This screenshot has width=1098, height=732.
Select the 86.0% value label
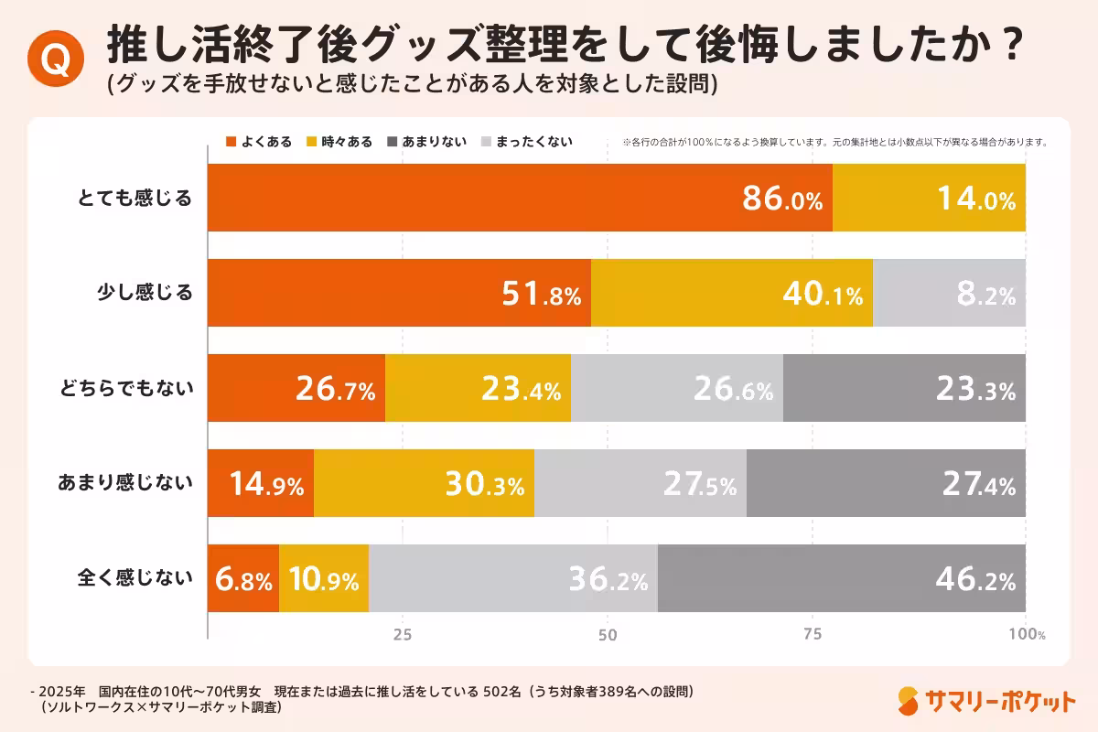782,200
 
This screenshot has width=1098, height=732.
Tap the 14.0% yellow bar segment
929,199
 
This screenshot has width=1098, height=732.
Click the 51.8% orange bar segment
400,293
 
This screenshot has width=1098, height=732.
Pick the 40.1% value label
823,296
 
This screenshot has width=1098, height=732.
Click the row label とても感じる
135,198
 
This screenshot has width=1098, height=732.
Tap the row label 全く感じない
135,577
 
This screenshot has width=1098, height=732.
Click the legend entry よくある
259,142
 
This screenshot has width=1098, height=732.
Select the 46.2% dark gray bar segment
841,578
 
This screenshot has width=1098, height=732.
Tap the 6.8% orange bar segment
243,578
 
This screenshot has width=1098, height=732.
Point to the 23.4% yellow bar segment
478,388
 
